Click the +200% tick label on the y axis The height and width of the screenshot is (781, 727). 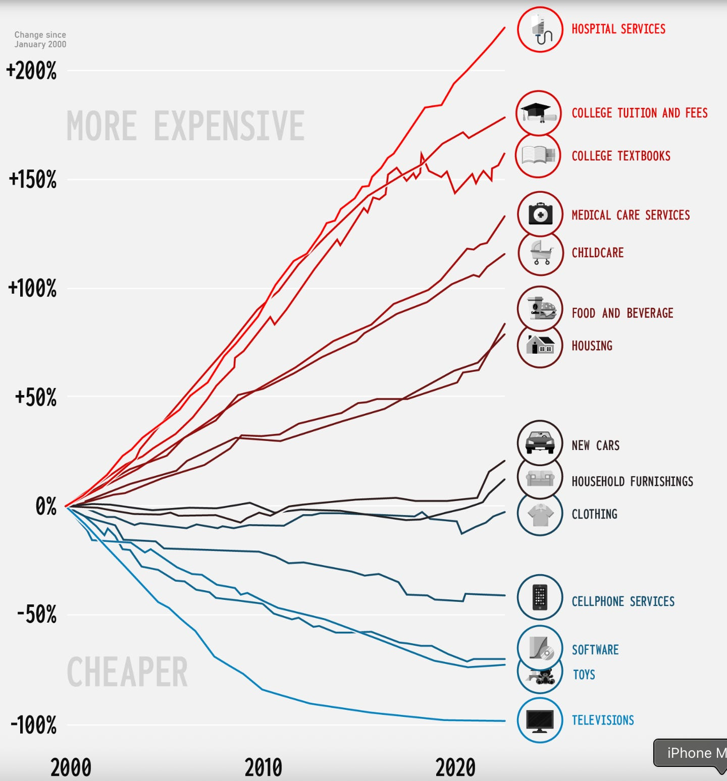click(x=31, y=71)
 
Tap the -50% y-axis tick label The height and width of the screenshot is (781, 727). click(x=36, y=615)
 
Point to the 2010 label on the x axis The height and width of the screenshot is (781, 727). click(x=263, y=767)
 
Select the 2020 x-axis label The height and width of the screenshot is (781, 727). click(x=455, y=767)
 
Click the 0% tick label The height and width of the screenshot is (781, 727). click(x=45, y=506)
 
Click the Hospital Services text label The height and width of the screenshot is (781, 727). click(x=618, y=29)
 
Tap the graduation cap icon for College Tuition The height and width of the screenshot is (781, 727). click(x=539, y=113)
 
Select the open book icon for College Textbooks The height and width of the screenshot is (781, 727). click(x=538, y=155)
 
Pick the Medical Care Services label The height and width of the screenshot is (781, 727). click(x=630, y=215)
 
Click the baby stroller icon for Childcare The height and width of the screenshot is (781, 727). click(x=540, y=252)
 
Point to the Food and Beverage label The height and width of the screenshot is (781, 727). click(x=622, y=313)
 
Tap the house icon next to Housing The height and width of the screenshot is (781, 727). click(x=540, y=346)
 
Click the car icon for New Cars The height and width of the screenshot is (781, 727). click(x=540, y=442)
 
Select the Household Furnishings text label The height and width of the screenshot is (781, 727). click(x=632, y=482)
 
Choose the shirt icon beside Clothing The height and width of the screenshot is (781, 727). click(x=540, y=514)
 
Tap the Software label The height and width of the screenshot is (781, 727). click(x=595, y=650)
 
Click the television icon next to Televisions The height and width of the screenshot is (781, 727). click(x=540, y=720)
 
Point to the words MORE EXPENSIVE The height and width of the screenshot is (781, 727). click(x=185, y=126)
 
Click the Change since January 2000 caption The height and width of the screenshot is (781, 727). click(x=40, y=39)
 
